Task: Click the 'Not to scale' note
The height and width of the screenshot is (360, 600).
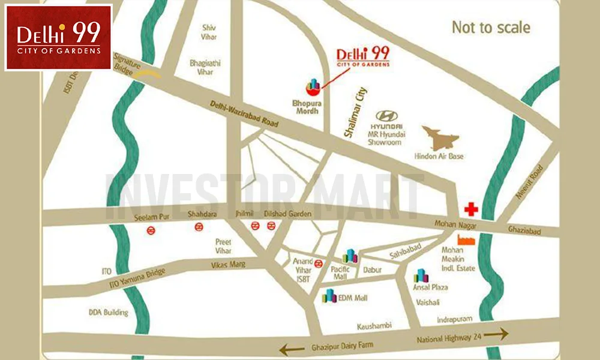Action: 491,28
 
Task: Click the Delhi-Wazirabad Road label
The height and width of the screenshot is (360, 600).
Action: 244,113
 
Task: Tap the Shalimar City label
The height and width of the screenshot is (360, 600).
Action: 355,113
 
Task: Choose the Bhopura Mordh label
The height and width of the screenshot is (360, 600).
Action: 307,107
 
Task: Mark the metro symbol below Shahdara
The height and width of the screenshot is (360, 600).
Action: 197,227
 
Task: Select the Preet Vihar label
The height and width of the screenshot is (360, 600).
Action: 223,246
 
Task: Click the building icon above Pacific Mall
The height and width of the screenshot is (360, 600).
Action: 350,256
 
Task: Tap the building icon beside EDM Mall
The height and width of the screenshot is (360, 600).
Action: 329,296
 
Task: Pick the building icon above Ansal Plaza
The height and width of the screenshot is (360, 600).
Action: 422,275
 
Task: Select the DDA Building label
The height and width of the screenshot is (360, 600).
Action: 108,313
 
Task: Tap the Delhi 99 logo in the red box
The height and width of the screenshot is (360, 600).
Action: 58,37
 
